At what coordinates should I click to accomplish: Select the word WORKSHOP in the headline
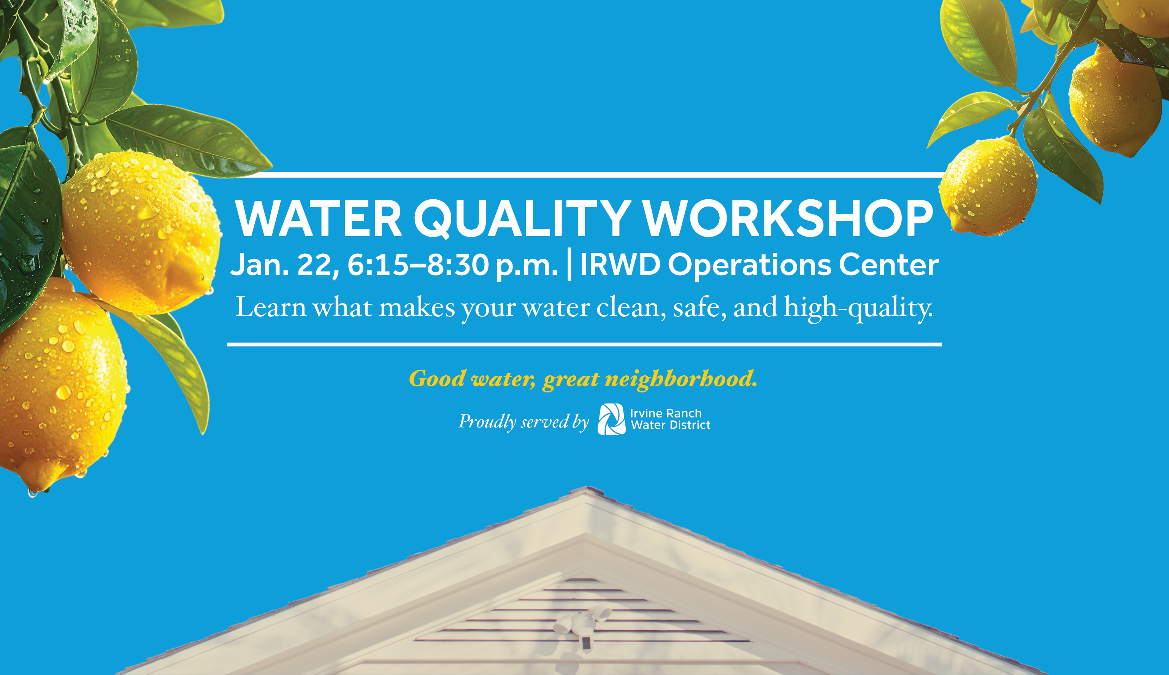coord(788,218)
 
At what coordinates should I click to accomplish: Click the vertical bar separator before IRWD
coord(569,264)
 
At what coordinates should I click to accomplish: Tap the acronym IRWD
coord(620,265)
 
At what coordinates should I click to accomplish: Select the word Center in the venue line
coord(889,265)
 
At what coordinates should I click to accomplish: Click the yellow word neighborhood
coord(681,379)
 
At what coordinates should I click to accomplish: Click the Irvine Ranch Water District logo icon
coord(612,419)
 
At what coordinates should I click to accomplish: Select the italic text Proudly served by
coord(523,421)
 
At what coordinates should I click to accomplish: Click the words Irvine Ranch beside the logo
coord(666,413)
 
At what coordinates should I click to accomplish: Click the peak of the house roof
coord(587,488)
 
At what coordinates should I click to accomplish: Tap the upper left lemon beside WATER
coord(141,232)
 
